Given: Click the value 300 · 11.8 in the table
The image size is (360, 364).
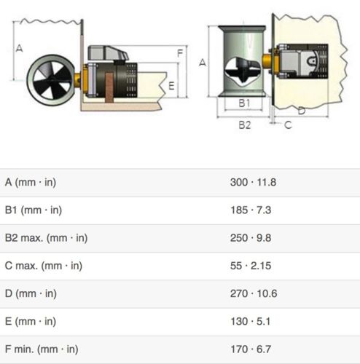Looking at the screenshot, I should pos(252,182).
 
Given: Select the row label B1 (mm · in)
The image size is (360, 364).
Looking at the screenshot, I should pos(33,210).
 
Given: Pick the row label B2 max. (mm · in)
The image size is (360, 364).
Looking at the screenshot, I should pos(46,238).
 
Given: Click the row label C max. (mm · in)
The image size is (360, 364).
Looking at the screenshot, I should pos(43,266).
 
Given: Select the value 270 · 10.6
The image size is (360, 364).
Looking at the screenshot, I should pos(252,293).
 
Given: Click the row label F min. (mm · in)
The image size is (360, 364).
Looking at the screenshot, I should pos(42,349).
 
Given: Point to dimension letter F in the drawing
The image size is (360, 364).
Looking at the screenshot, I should pos(179,53).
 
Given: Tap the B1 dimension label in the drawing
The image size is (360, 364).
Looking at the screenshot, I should pos(245,103).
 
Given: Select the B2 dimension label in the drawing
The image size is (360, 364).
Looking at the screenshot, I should pos(245,124).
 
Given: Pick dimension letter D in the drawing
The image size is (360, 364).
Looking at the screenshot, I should pos(301,111).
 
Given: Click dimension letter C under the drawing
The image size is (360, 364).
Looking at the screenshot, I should pos(288,124).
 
